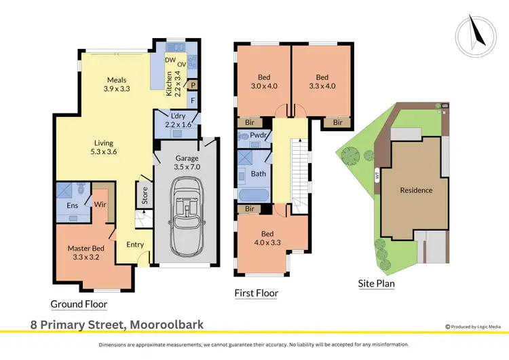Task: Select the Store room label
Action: (145, 197)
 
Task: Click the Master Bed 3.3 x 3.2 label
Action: (84, 253)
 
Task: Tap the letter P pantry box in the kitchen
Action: (193, 86)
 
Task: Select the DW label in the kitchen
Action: (170, 60)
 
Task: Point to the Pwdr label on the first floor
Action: (257, 136)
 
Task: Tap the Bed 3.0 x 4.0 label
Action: (263, 82)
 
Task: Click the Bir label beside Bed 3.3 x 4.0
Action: (337, 122)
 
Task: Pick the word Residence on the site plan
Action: (416, 190)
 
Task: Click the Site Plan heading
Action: (377, 283)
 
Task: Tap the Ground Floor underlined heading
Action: (79, 304)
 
